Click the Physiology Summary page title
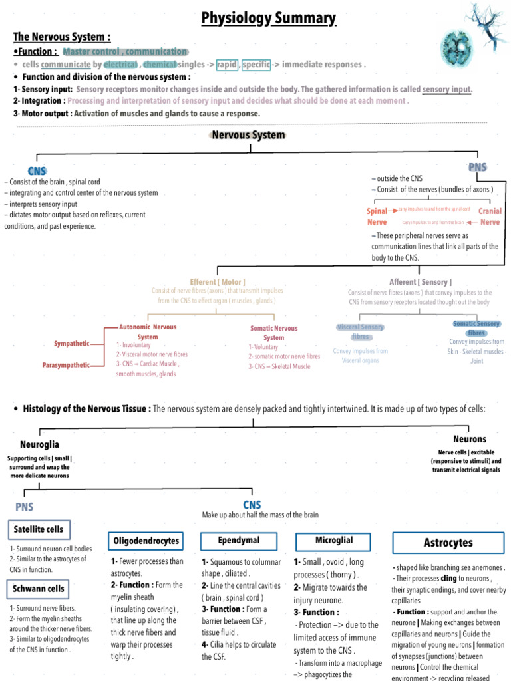269,18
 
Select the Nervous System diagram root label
249,135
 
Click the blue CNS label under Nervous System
37,171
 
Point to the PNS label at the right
478,167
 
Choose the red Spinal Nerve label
377,217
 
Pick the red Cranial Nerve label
490,217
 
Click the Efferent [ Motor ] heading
217,282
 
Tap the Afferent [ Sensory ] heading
419,282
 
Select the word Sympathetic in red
71,344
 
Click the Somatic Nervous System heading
273,333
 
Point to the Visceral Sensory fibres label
361,331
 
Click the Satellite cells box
39,529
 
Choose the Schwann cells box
39,589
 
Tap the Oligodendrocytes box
146,541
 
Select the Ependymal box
239,540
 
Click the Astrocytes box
448,543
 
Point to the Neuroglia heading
39,443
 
